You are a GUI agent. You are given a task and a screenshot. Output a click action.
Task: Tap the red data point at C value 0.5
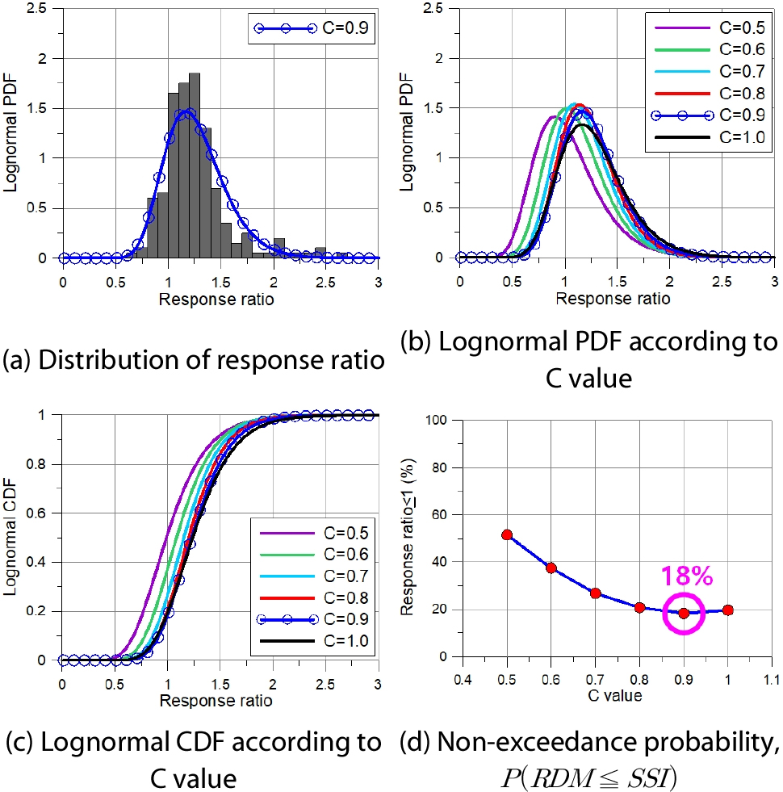click(507, 534)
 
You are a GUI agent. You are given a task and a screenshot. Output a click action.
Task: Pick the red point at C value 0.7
click(596, 593)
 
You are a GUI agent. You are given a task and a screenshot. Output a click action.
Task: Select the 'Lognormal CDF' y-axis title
click(10, 538)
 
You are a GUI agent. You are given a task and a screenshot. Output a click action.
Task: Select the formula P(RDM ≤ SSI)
click(618, 778)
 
